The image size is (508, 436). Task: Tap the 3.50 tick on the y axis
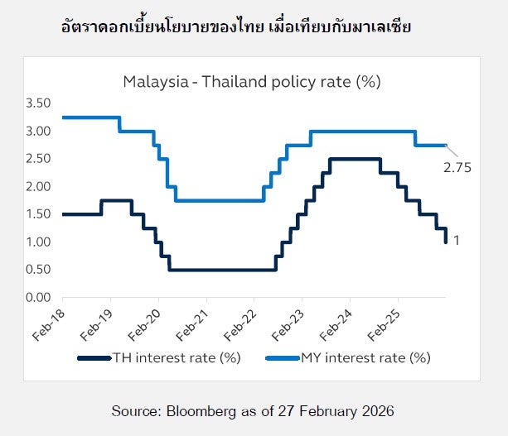tap(39, 103)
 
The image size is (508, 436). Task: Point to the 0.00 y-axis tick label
tap(39, 297)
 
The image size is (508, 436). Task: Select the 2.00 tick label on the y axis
tap(39, 186)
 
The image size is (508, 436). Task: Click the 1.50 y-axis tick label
tap(39, 214)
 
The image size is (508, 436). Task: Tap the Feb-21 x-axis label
tap(194, 319)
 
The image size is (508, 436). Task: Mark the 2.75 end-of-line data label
tap(457, 167)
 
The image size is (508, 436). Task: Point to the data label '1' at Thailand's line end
tap(457, 241)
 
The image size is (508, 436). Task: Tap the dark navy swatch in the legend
tap(93, 358)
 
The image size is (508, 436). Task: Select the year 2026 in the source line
tap(377, 410)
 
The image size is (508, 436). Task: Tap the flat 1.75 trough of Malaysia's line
tap(219, 200)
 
